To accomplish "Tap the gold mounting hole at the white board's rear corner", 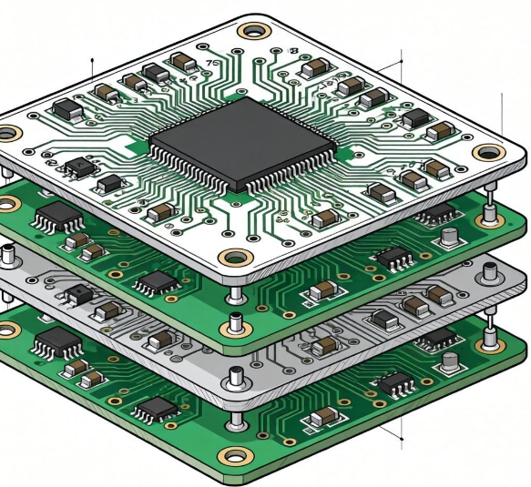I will tap(249, 31).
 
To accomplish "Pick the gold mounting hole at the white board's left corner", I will tap(9, 134).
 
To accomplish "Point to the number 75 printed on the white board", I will tap(214, 63).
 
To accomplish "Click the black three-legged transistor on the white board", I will tap(80, 167).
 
